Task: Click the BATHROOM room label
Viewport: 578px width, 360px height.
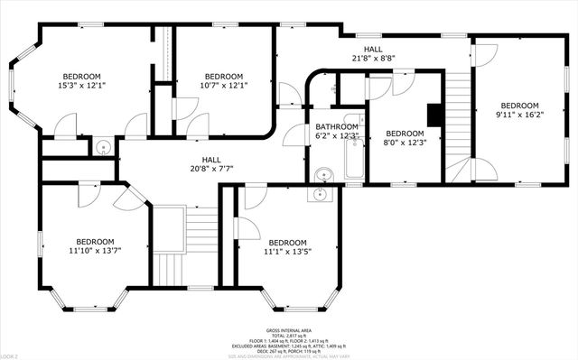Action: [337, 126]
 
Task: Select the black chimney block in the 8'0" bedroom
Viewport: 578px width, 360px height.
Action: [433, 115]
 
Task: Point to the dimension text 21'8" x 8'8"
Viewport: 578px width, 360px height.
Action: [373, 58]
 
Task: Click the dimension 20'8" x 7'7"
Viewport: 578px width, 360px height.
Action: [211, 169]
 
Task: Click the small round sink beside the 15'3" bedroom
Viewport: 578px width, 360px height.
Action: [102, 148]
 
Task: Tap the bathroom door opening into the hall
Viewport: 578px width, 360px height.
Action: [294, 135]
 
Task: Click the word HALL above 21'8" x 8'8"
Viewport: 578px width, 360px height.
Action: [373, 48]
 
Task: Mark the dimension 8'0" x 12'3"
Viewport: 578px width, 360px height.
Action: [405, 142]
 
